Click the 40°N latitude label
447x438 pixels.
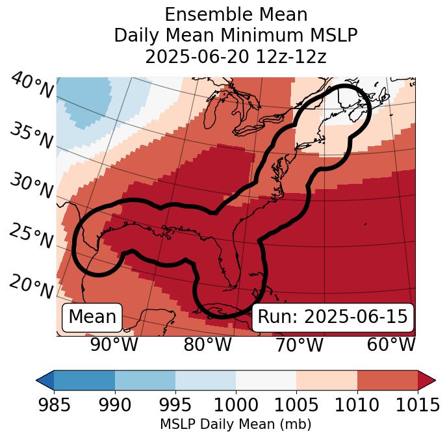point(31,86)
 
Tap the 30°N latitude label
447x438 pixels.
point(31,187)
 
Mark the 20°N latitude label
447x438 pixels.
point(31,286)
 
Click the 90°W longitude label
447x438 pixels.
point(114,345)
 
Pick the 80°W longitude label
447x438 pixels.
point(207,345)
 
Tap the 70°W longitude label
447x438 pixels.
point(298,345)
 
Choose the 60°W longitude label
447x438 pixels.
point(391,345)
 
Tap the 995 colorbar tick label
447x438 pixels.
point(175,406)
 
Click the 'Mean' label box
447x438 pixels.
point(92,317)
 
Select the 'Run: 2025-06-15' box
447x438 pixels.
point(333,317)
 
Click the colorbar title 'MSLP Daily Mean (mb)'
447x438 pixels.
point(235,425)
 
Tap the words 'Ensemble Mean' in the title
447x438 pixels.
point(236,14)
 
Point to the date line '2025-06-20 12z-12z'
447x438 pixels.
point(236,57)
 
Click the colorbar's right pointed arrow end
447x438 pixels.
point(426,380)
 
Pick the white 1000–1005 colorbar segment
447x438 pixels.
point(266,380)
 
